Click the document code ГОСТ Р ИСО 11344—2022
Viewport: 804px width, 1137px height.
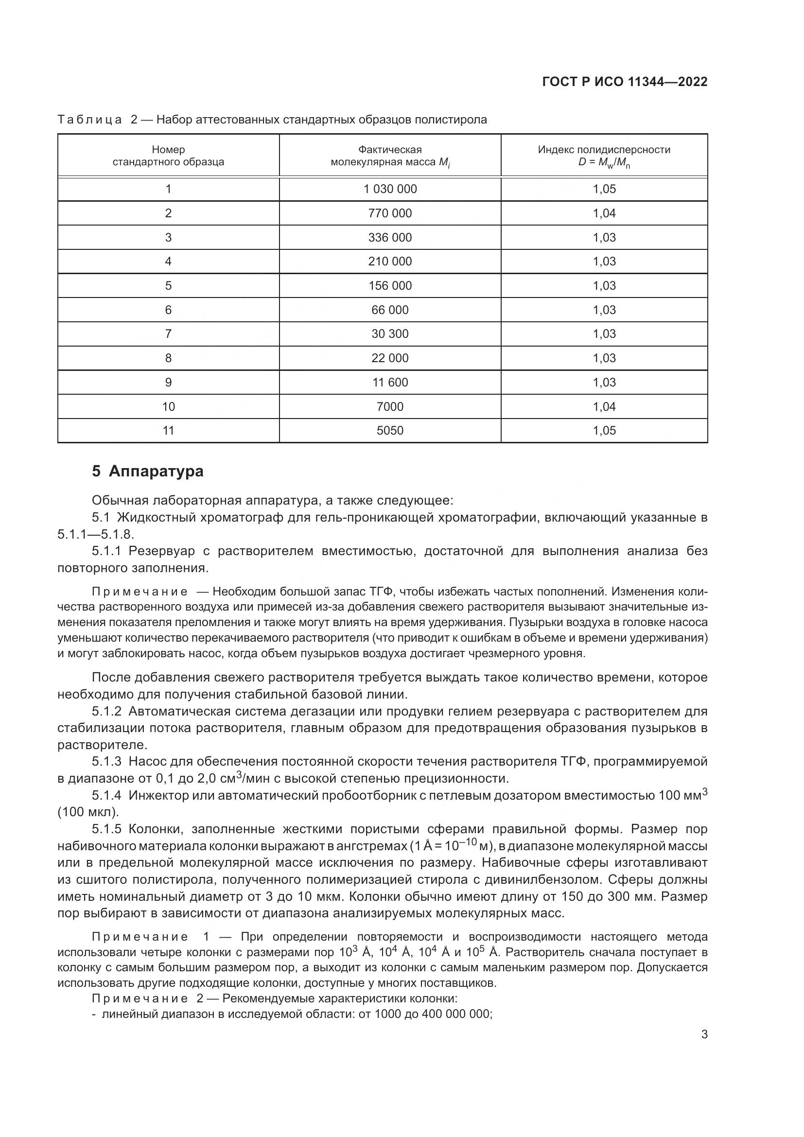(625, 82)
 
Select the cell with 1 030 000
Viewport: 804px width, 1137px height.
(390, 189)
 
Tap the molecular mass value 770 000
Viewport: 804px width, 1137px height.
(390, 213)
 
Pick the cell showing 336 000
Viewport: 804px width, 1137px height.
(390, 238)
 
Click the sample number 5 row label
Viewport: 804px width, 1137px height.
(168, 286)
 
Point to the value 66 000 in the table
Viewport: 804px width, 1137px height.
(390, 310)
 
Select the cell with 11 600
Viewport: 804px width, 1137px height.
(390, 382)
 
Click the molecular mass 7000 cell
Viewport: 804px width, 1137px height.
(390, 406)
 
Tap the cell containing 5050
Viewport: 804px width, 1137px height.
(390, 430)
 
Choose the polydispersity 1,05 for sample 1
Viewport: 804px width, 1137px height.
(605, 189)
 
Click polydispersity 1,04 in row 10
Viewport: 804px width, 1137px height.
(605, 406)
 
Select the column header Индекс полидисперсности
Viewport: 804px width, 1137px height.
(604, 150)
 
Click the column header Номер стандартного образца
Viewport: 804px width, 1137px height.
(168, 156)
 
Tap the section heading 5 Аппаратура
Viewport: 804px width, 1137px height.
(148, 471)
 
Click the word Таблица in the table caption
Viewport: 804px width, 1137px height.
(89, 120)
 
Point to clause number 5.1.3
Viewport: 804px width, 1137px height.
(106, 762)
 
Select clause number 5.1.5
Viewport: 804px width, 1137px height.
(106, 829)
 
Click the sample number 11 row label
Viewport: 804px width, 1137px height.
(168, 430)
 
